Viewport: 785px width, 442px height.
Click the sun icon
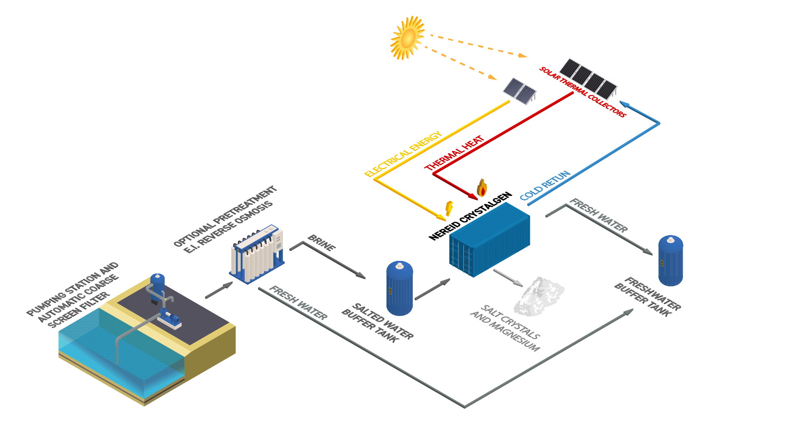coord(407,38)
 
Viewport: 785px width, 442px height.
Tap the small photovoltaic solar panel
coord(519,91)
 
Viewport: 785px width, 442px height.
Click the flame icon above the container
coord(482,188)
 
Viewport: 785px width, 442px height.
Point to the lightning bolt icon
coord(449,208)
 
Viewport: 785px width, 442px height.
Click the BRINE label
coord(321,243)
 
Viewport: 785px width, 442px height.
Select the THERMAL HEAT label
coord(454,153)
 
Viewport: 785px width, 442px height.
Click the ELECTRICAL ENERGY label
coord(403,154)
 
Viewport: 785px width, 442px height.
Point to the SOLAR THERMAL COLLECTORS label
coord(582,92)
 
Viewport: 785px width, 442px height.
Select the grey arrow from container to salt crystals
coord(508,278)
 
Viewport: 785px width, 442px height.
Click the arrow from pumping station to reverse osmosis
coord(219,290)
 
